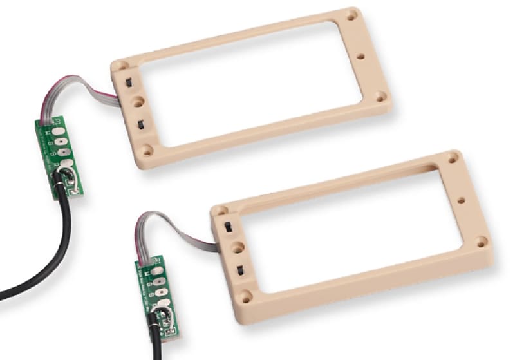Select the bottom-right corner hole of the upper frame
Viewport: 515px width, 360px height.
[381, 97]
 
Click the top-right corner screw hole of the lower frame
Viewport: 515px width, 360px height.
[453, 156]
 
